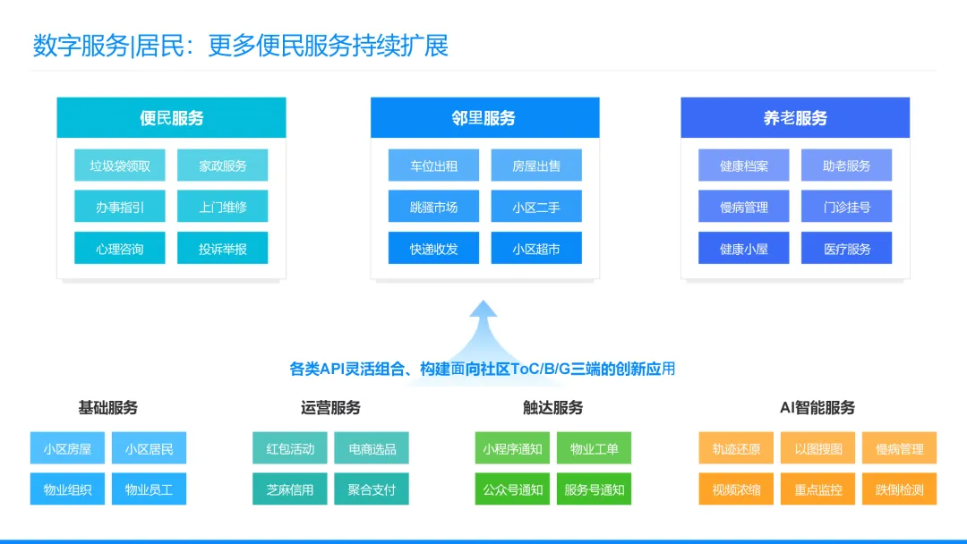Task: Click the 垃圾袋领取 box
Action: tap(120, 166)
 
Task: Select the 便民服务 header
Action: tap(171, 118)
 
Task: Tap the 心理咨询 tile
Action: tap(120, 248)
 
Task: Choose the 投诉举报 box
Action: tap(222, 248)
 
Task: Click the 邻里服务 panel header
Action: tap(484, 118)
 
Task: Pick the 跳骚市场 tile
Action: tap(433, 207)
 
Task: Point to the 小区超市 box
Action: tap(536, 248)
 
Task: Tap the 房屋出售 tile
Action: tap(536, 166)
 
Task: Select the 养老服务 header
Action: tap(795, 118)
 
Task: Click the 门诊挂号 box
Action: tap(846, 207)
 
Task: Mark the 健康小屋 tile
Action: tap(744, 248)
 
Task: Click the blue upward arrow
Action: tap(484, 327)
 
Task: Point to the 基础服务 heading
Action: tap(108, 408)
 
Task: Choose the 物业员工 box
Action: tap(149, 489)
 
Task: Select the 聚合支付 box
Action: tap(372, 489)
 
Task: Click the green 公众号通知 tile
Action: tap(512, 489)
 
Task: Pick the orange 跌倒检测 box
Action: tap(900, 489)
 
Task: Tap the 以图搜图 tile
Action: tap(818, 448)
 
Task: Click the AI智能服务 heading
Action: tap(817, 408)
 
